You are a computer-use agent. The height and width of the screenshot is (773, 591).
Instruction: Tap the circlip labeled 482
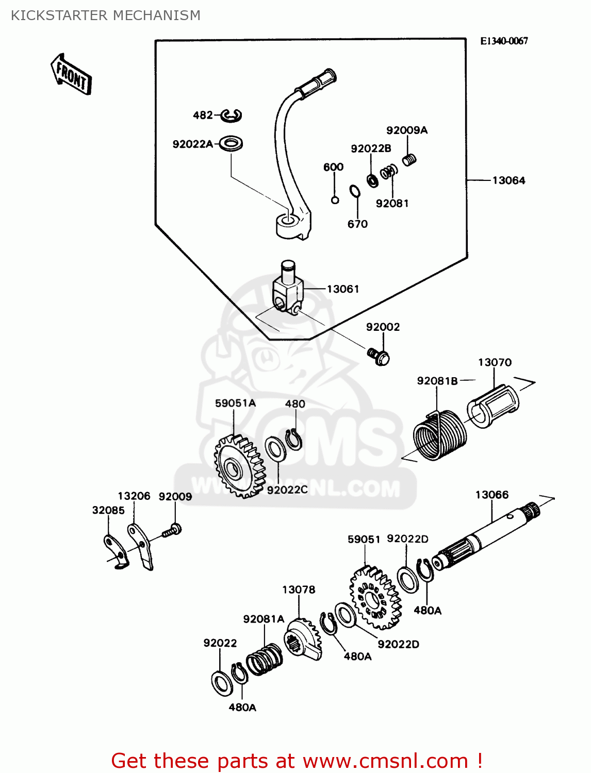(231, 116)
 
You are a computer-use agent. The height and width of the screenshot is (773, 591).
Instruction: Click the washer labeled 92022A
(231, 143)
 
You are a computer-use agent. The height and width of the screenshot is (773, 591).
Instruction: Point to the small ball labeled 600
(335, 200)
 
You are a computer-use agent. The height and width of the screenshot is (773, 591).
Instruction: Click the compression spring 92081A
(264, 660)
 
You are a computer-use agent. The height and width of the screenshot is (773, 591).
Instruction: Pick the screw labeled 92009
(172, 531)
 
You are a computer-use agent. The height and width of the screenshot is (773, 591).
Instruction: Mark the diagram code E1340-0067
(503, 41)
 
